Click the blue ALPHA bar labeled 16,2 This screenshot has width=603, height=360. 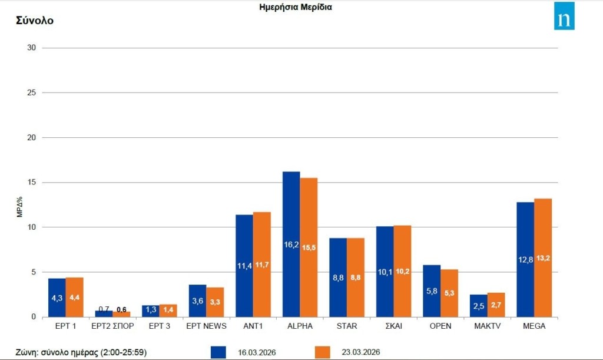click(291, 244)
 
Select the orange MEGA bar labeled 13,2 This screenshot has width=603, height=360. click(543, 257)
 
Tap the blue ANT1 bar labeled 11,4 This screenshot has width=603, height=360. click(244, 266)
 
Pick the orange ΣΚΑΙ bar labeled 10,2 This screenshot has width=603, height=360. click(402, 271)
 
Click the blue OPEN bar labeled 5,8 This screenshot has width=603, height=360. click(432, 290)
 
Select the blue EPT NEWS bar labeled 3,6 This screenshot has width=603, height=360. click(197, 300)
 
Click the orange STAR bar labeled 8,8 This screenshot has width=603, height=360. click(356, 278)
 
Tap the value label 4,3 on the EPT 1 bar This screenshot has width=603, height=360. click(57, 298)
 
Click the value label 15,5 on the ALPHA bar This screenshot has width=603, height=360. click(309, 248)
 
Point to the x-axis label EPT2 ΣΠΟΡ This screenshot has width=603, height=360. click(112, 326)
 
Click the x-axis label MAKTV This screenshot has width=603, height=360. click(487, 326)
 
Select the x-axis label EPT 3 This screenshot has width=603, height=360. click(159, 326)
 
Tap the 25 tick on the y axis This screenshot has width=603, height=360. click(32, 93)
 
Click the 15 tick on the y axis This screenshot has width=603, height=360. click(32, 183)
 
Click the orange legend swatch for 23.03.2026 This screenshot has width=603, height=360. click(323, 352)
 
